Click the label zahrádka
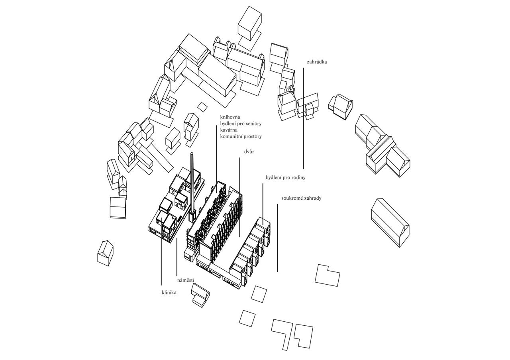tap(317, 62)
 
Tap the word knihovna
tap(230, 117)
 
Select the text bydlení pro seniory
tap(241, 124)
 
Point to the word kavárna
tap(229, 130)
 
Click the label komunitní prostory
tap(241, 136)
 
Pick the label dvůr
tap(249, 151)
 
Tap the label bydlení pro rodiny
tap(286, 177)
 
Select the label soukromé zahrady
tap(301, 198)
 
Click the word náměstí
tap(186, 280)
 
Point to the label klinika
tap(169, 293)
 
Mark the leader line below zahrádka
tap(304, 118)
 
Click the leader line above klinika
tap(161, 251)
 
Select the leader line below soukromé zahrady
tap(277, 238)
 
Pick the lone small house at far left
tap(105, 253)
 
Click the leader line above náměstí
tap(177, 257)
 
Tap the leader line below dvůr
tap(239, 197)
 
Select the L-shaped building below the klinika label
tap(200, 295)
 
